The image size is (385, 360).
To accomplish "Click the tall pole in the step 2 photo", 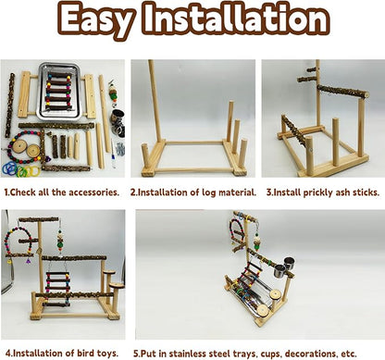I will (x=152, y=102).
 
